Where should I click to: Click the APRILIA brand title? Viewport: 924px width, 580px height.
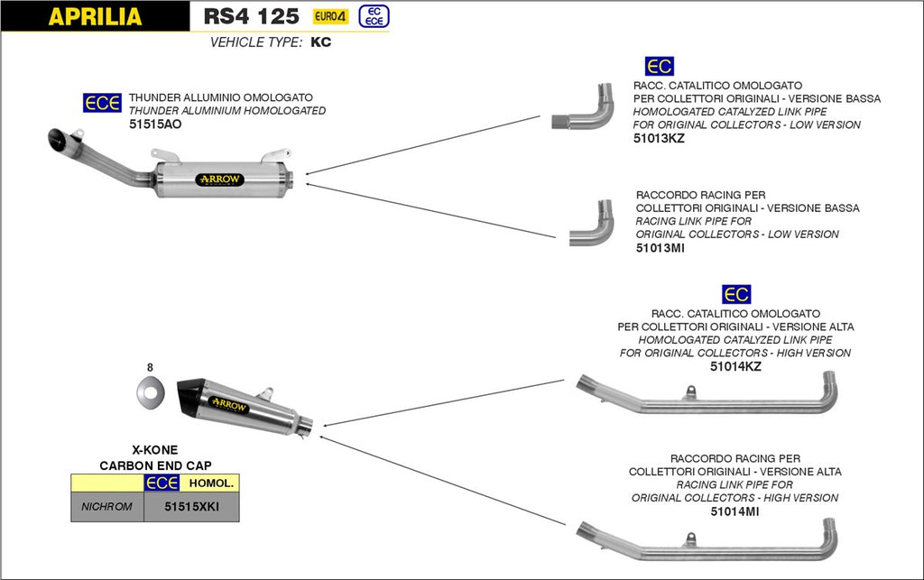(x=94, y=16)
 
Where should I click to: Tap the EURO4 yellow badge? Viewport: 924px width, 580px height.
(x=331, y=16)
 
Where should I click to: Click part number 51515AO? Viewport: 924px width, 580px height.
(x=155, y=124)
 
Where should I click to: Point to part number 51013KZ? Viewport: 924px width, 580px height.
(x=660, y=139)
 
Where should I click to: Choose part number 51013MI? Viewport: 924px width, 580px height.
(x=661, y=248)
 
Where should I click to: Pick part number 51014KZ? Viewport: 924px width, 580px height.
(x=735, y=367)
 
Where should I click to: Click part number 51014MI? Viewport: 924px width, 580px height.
(x=735, y=511)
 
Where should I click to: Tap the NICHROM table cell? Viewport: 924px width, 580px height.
(x=107, y=507)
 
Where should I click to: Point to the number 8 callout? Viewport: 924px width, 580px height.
(x=150, y=367)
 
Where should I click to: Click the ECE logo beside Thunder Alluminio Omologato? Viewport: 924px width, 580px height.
(x=102, y=104)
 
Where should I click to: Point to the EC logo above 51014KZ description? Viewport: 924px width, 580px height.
(x=736, y=294)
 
